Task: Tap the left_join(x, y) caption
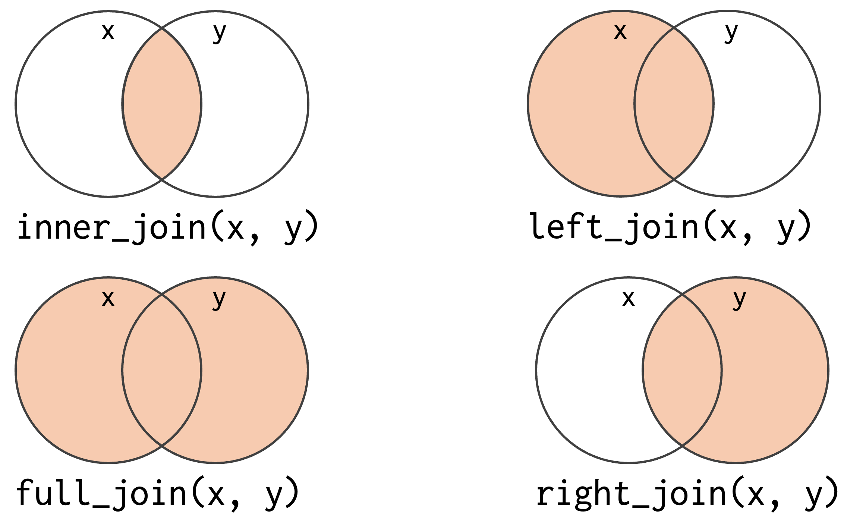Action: (x=670, y=227)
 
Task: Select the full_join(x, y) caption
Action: (x=157, y=494)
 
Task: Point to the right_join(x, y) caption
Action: (x=687, y=494)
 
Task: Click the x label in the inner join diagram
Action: (x=108, y=32)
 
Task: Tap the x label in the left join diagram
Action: (x=620, y=32)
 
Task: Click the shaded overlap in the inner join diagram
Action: (x=162, y=104)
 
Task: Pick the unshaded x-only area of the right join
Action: (x=589, y=370)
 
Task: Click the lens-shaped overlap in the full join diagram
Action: (x=162, y=370)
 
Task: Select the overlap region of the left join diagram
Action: (x=674, y=104)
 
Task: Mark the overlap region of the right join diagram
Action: (x=682, y=370)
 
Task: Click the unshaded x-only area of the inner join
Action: (x=69, y=104)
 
